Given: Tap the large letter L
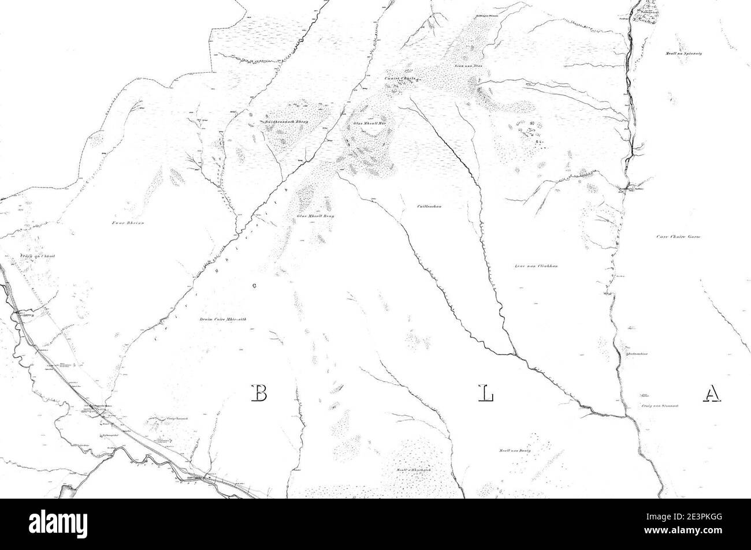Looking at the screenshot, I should tap(486, 393).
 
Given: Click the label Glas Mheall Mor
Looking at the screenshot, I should tap(369, 124).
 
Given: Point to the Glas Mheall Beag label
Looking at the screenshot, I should tap(315, 216).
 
